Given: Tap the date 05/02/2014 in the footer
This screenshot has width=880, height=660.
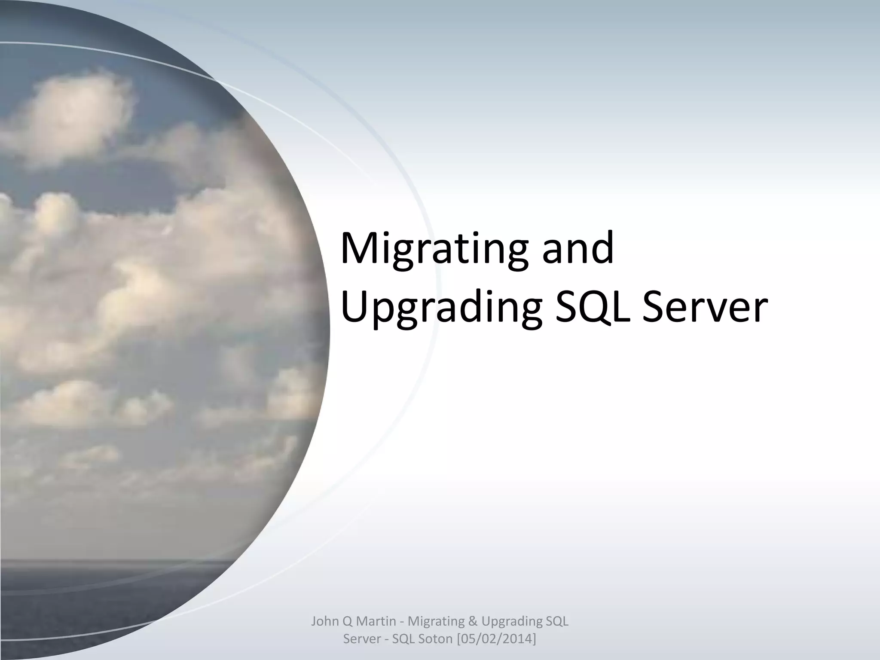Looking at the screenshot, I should click(x=495, y=639).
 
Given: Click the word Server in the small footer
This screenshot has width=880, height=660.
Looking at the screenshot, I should click(x=362, y=639).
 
